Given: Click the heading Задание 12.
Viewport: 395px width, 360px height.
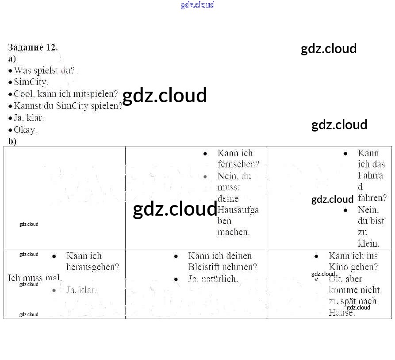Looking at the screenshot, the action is coord(33,47).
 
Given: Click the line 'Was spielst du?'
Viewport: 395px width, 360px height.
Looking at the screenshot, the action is coord(44,70).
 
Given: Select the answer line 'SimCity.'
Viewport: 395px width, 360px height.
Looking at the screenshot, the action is coord(31,82).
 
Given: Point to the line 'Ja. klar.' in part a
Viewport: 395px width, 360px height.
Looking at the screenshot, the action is coord(29,118).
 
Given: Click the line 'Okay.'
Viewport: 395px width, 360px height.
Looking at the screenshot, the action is coord(25,130).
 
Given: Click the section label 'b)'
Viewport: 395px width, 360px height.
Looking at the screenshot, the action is coord(12,141).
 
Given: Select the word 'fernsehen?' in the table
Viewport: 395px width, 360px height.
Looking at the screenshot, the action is coord(238,164).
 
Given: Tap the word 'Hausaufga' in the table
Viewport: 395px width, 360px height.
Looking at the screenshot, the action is coord(238,210).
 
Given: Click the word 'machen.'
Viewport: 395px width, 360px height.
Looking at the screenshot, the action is coord(234,232).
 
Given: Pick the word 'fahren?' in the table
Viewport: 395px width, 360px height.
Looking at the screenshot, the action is coord(372,198).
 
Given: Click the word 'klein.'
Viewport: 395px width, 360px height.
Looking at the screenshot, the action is coord(368,244).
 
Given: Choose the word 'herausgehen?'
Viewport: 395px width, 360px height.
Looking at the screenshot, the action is coord(92,267).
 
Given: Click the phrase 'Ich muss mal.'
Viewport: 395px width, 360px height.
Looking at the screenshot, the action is coord(35,278).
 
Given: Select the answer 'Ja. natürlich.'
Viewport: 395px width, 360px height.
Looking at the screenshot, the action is coord(213,279).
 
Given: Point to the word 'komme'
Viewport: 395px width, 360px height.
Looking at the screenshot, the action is coord(342,290).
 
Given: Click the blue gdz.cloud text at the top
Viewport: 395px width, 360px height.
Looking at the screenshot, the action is coord(197,5).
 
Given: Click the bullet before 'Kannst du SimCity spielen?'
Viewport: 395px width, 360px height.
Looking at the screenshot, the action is coord(10,106).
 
